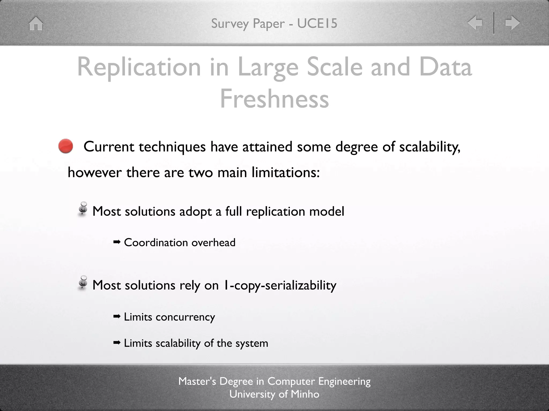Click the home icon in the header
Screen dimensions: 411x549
pos(36,24)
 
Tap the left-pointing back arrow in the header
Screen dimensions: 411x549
pos(475,22)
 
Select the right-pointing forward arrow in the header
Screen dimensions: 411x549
pos(512,22)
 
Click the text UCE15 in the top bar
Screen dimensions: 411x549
pos(317,23)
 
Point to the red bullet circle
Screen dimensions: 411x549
pos(66,146)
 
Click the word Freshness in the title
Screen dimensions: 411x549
pos(274,99)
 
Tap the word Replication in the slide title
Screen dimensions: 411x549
pos(139,67)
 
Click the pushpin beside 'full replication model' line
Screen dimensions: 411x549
pos(83,209)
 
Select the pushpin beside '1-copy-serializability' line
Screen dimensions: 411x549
pos(83,283)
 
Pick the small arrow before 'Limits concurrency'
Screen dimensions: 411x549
pos(117,317)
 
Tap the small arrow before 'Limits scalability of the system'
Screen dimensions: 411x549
pos(117,343)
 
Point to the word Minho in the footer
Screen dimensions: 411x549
pos(305,394)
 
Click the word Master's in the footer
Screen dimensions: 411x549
pos(197,381)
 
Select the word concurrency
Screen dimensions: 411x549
pos(185,317)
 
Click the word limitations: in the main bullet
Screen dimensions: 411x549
pos(285,172)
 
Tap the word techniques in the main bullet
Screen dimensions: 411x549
pos(172,147)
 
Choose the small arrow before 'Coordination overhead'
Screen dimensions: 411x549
pos(117,242)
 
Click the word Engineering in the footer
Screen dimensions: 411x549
pos(344,381)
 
